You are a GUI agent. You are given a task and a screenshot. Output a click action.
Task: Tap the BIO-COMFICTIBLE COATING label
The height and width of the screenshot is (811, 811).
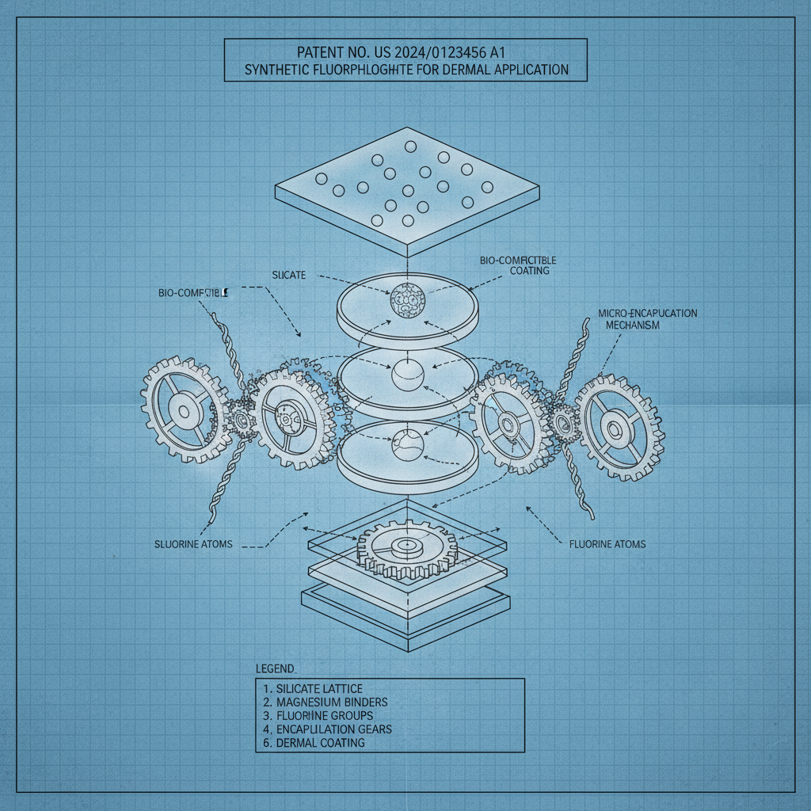520,265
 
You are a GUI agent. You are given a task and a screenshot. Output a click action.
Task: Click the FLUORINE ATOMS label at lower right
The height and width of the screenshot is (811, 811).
607,544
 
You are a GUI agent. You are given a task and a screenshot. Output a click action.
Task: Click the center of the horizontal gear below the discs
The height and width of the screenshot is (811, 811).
409,546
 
